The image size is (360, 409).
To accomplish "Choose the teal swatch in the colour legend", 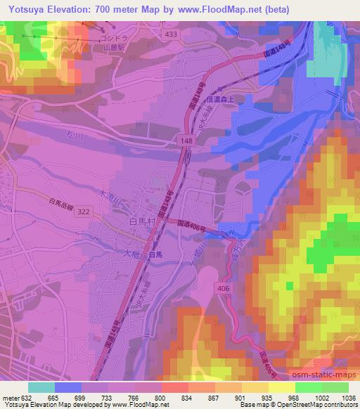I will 41,387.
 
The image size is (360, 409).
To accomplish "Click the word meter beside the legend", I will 11,398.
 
